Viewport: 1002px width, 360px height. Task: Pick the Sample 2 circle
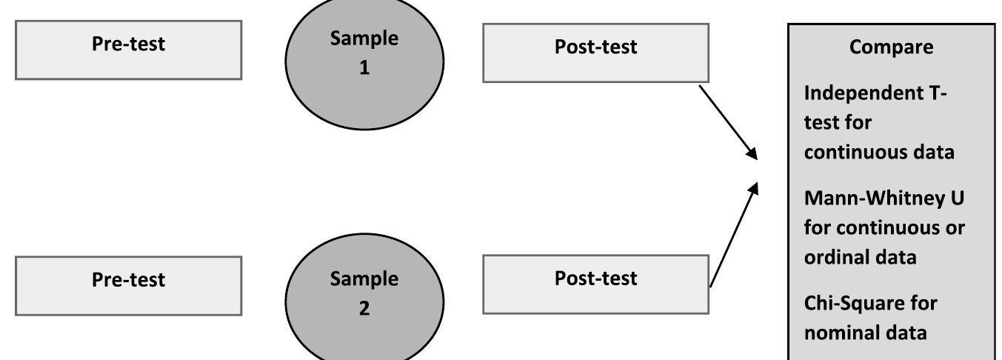(364, 296)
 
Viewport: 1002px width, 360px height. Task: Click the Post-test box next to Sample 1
(595, 52)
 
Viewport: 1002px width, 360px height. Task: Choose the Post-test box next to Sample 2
(595, 284)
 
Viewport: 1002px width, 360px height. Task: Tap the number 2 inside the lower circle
(364, 308)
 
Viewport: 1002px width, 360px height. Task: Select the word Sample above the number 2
(364, 279)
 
